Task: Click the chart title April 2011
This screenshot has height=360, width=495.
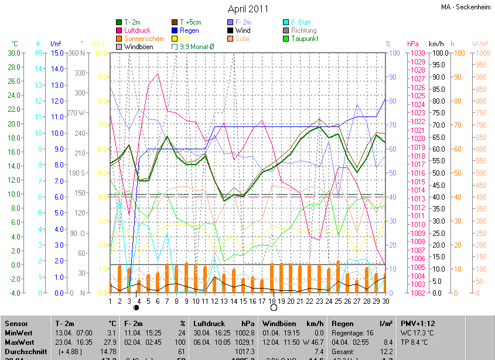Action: click(248, 9)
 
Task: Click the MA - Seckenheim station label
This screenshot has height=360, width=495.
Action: click(466, 7)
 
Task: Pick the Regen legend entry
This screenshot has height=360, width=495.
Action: click(189, 30)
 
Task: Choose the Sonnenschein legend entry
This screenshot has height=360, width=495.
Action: click(144, 38)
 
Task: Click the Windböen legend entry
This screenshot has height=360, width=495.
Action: click(138, 46)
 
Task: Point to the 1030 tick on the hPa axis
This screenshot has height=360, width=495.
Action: click(417, 53)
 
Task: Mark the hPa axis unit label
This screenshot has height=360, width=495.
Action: click(412, 44)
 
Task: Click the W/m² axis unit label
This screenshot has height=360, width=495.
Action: click(480, 44)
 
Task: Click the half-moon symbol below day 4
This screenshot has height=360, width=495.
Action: click(137, 307)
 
